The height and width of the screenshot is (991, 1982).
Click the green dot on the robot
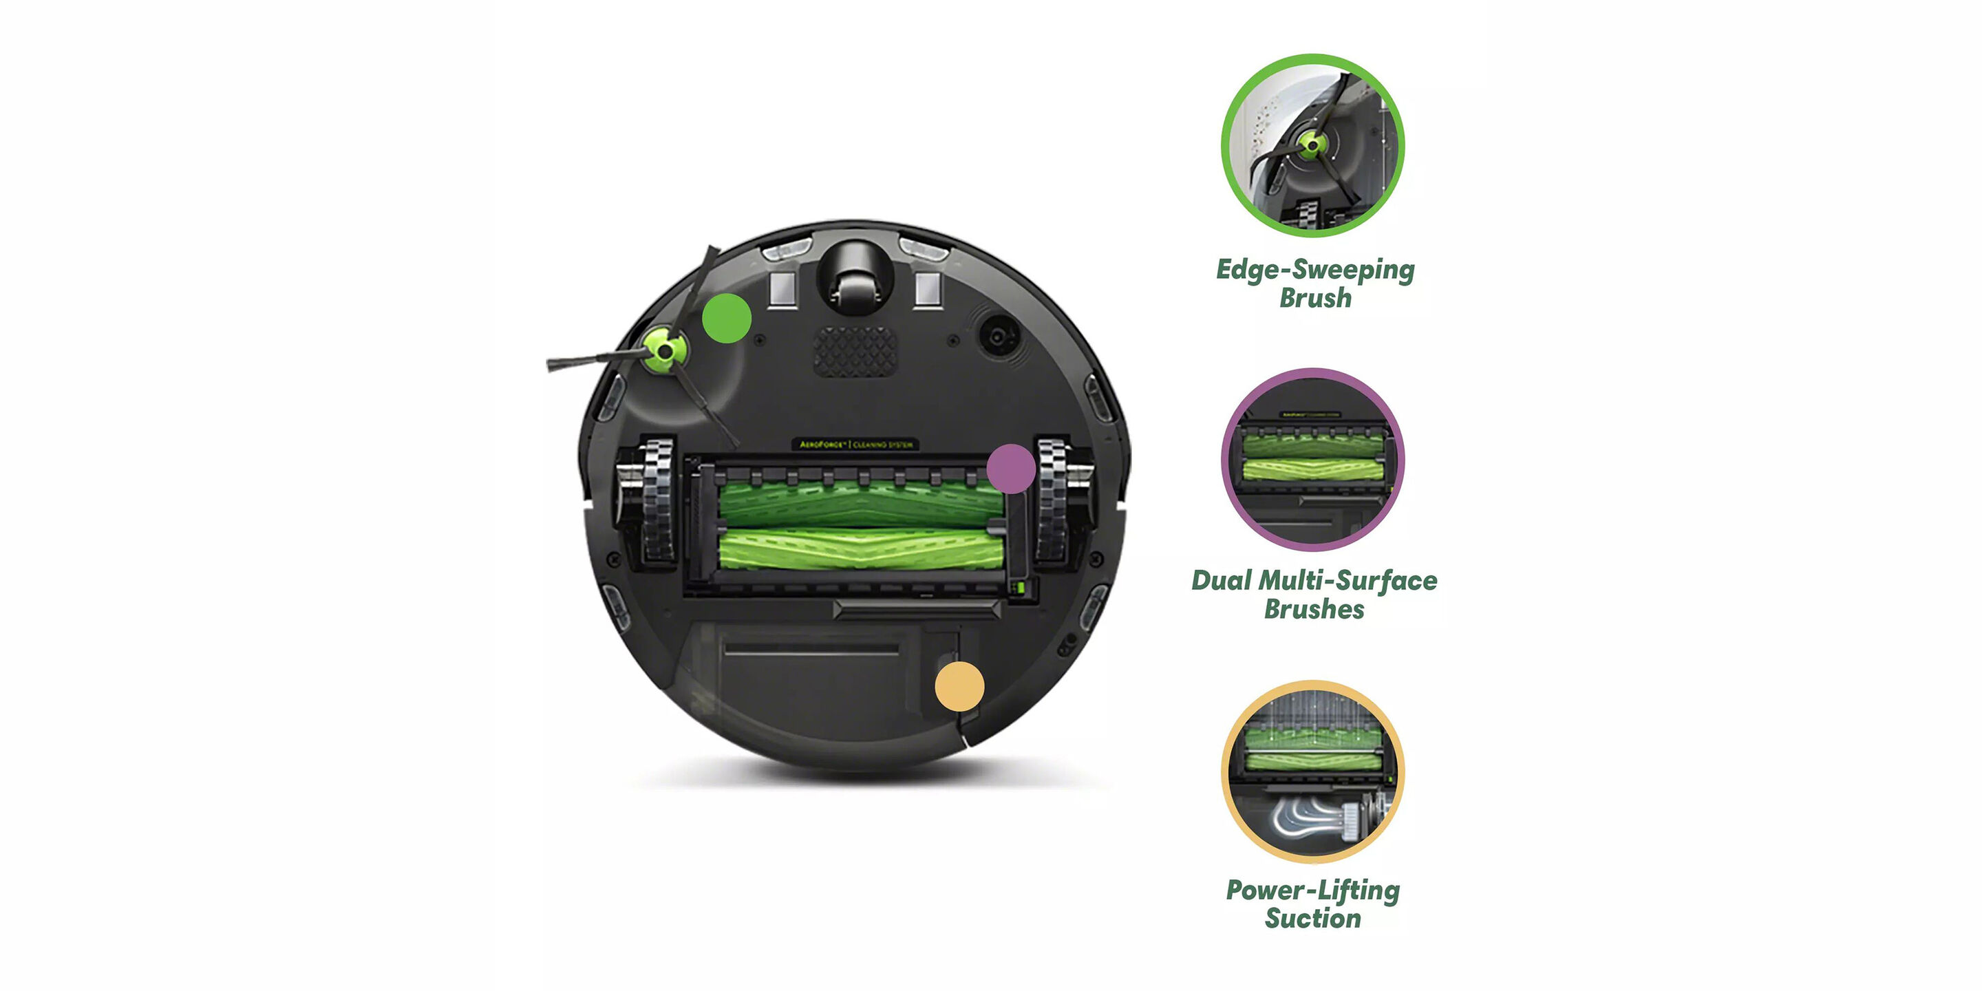pos(726,318)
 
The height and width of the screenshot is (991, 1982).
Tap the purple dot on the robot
pos(1010,469)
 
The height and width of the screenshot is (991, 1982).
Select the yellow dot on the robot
pos(959,686)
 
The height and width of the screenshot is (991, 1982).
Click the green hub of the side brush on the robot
pos(663,350)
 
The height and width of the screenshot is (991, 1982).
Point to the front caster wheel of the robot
pos(855,281)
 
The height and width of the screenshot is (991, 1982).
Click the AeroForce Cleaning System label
pos(855,445)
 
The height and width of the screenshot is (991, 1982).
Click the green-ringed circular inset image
pos(1312,145)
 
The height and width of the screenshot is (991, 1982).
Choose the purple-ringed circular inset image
pos(1312,459)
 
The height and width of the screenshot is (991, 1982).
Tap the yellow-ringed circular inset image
pos(1312,771)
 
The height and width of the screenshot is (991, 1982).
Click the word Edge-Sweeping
pos(1315,269)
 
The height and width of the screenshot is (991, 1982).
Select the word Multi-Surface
pos(1347,581)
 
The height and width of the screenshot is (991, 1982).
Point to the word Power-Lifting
pos(1312,891)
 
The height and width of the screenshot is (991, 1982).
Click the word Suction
pos(1312,919)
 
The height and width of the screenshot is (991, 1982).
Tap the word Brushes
pos(1314,609)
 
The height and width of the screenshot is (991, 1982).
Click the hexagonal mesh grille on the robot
pos(855,351)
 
